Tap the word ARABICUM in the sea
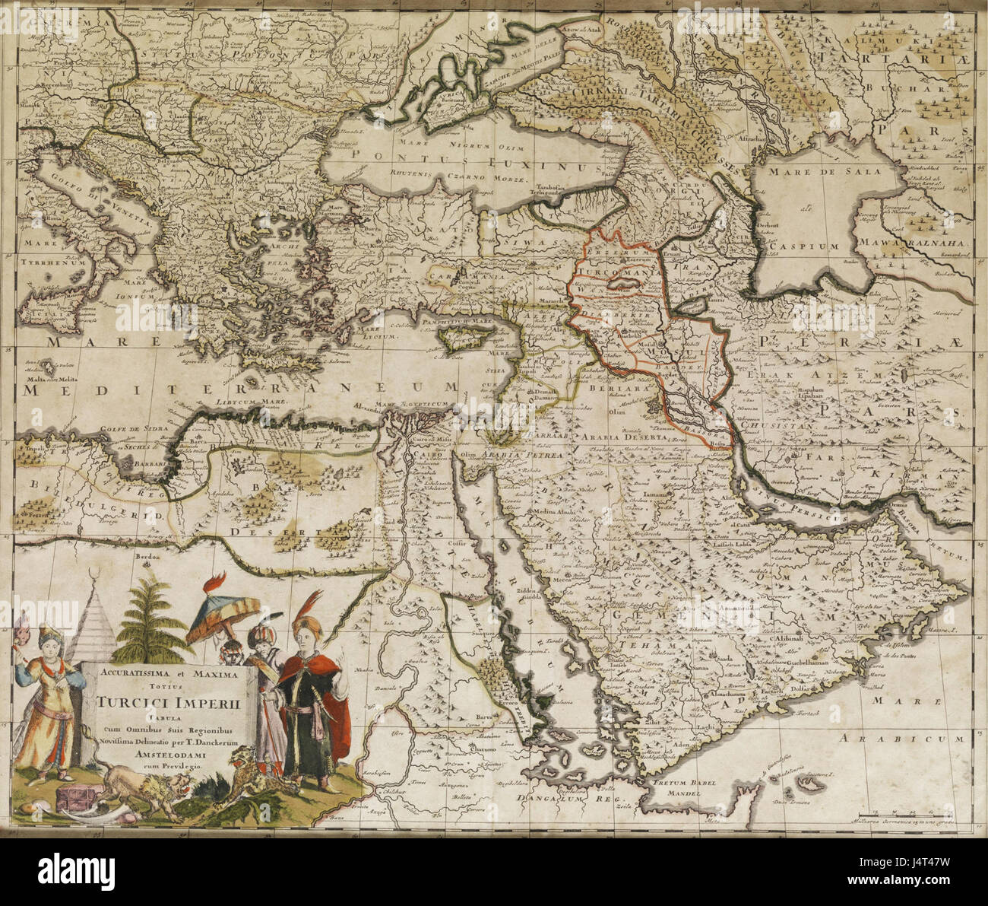tap(904, 738)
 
